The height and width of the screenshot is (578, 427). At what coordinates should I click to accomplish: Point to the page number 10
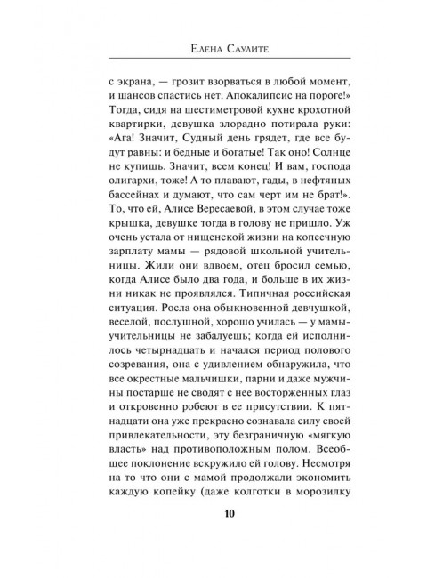click(x=213, y=536)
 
